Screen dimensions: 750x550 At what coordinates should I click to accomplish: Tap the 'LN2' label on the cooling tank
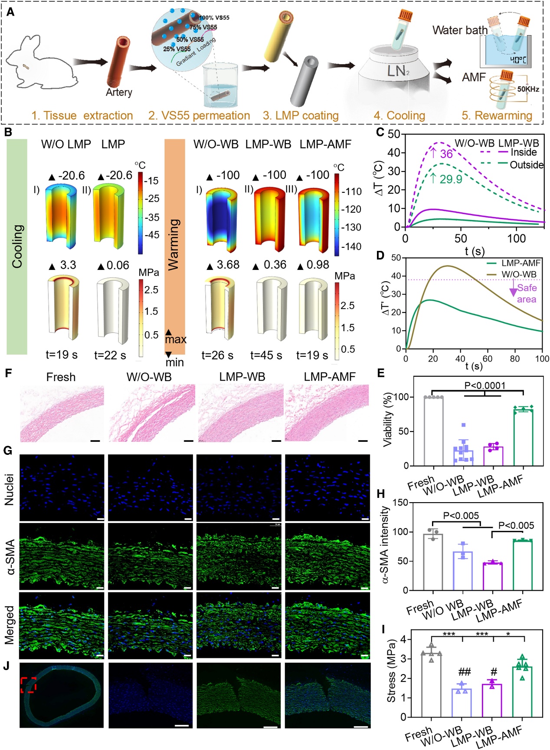click(398, 71)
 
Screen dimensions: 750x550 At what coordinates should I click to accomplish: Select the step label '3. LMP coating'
click(301, 115)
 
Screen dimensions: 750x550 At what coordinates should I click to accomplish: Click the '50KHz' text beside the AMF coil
click(528, 89)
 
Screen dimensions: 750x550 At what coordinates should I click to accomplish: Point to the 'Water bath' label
click(460, 30)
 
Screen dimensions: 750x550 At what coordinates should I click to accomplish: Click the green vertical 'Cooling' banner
click(17, 246)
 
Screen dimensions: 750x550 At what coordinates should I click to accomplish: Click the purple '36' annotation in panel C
click(446, 154)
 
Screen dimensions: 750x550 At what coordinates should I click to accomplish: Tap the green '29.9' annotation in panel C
click(451, 179)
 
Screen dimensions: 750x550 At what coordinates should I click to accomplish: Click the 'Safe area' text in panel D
click(527, 293)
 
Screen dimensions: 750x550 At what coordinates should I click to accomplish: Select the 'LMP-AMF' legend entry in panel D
click(521, 263)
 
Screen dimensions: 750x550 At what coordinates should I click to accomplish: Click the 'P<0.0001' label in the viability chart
click(485, 385)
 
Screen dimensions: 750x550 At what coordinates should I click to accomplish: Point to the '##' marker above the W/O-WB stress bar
click(464, 672)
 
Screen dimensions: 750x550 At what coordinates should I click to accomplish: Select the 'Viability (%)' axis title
click(387, 419)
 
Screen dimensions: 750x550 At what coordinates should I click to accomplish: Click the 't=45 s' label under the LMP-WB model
click(266, 355)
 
